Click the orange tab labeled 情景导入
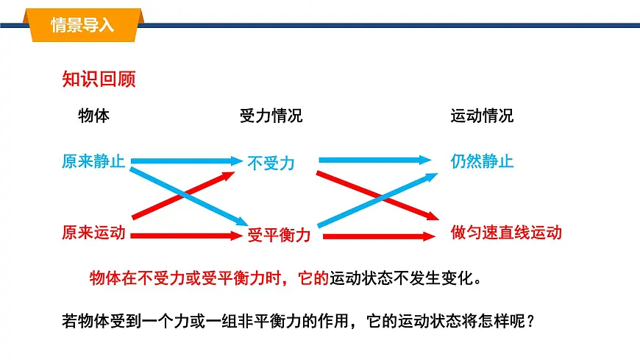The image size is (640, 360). pos(82,25)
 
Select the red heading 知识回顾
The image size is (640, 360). pos(99,80)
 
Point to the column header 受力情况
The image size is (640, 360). pos(271,116)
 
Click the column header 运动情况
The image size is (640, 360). pos(482,116)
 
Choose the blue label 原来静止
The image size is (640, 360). pos(93,161)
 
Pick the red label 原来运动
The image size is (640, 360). pos(93,233)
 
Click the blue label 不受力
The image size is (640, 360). pos(271,163)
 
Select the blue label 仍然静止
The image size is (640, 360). pos(482,161)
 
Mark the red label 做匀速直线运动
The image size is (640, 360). pos(506,233)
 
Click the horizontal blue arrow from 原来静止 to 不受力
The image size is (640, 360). pos(188,160)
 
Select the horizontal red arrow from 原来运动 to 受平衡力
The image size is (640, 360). pos(188,236)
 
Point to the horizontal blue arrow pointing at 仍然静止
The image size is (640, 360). pos(375,159)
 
